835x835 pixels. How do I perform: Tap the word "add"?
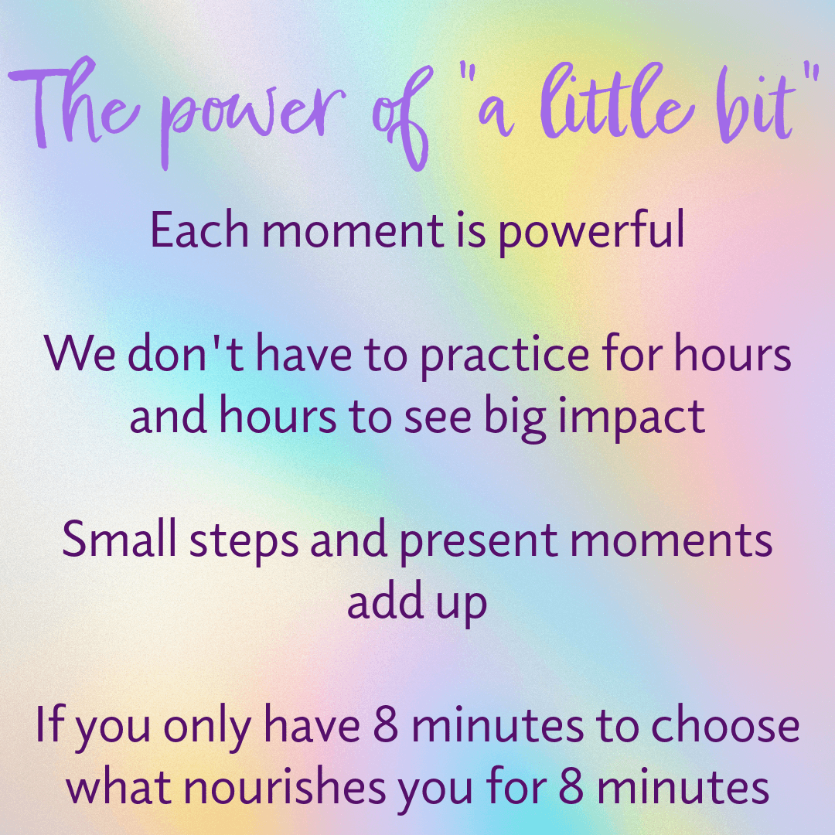pos(379,602)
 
